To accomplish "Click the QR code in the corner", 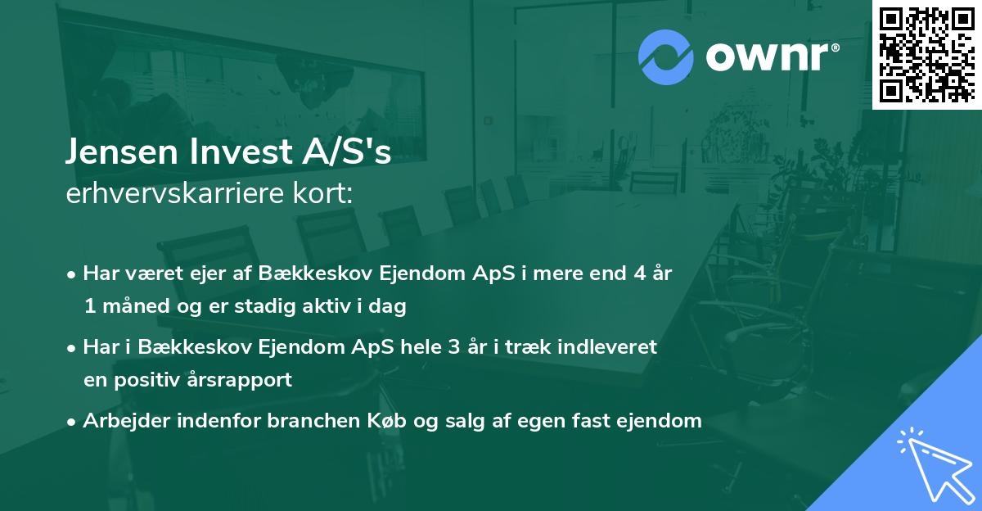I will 927,54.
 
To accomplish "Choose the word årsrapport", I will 246,381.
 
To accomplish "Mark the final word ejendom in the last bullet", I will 664,421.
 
